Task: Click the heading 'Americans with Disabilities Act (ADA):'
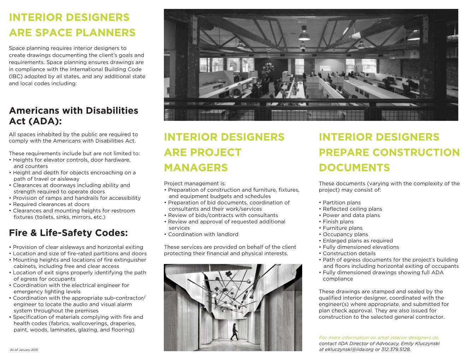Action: point(73,116)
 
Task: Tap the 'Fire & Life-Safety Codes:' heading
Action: point(68,233)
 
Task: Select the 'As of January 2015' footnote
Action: point(24,350)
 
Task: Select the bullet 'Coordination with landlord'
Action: point(203,234)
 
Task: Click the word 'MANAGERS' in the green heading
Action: point(196,167)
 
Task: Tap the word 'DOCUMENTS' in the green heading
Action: point(354,167)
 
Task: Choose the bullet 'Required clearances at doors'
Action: point(51,204)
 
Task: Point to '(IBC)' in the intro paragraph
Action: point(16,76)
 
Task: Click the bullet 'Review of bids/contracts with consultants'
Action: point(222,215)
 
